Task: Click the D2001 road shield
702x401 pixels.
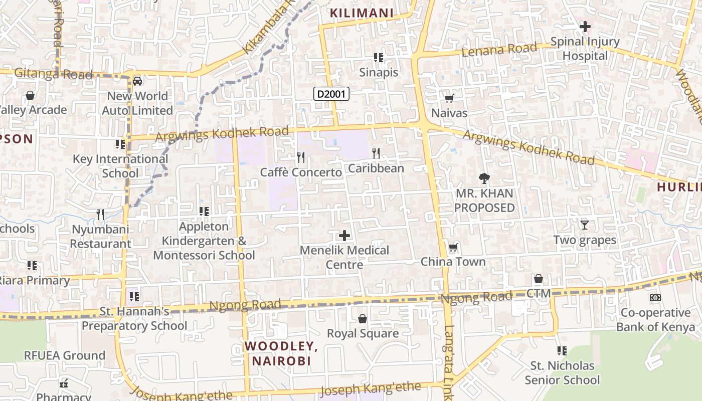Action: (x=331, y=93)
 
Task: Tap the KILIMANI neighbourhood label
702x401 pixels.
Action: (x=362, y=14)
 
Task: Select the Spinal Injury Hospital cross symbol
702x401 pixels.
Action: (x=585, y=27)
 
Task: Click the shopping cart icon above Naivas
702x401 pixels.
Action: (x=449, y=98)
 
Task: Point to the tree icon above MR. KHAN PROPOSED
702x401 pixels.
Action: (x=484, y=178)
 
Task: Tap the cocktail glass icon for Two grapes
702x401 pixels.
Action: (x=584, y=225)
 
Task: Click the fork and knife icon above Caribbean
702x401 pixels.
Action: (x=376, y=153)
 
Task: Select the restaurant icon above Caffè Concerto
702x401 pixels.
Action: (x=301, y=157)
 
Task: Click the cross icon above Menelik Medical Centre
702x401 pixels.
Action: (x=344, y=235)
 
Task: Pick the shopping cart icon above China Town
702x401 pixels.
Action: (x=453, y=247)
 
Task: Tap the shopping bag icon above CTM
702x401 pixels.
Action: (x=539, y=279)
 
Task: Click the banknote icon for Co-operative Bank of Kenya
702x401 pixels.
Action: (x=655, y=298)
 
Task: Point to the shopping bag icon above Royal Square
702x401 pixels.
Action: (x=363, y=319)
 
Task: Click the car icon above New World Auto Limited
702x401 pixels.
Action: (x=137, y=81)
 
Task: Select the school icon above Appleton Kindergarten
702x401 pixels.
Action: (x=204, y=212)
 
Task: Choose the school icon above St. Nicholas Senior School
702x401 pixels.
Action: (x=562, y=351)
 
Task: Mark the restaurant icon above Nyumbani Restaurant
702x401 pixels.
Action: (x=100, y=215)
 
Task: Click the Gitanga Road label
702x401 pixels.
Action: (x=53, y=74)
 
